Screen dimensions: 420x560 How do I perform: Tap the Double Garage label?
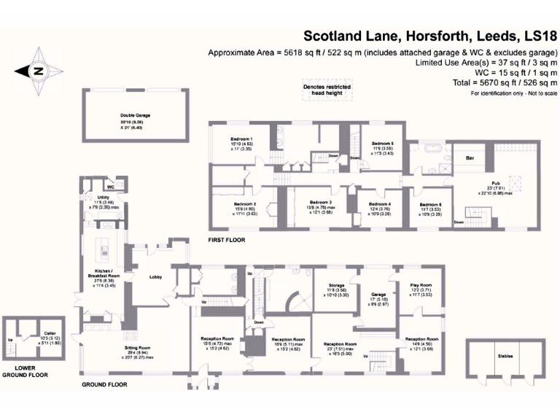pos(136,115)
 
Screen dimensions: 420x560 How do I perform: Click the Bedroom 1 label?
pos(241,139)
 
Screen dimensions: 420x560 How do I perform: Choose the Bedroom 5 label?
pos(382,144)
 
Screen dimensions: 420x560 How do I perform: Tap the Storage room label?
pos(336,285)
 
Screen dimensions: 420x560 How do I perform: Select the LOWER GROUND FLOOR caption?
pos(25,371)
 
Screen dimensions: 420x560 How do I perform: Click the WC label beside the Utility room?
pos(111,186)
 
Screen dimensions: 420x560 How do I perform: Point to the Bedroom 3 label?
pos(320,202)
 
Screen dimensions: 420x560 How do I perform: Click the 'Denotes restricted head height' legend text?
pos(327,89)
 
